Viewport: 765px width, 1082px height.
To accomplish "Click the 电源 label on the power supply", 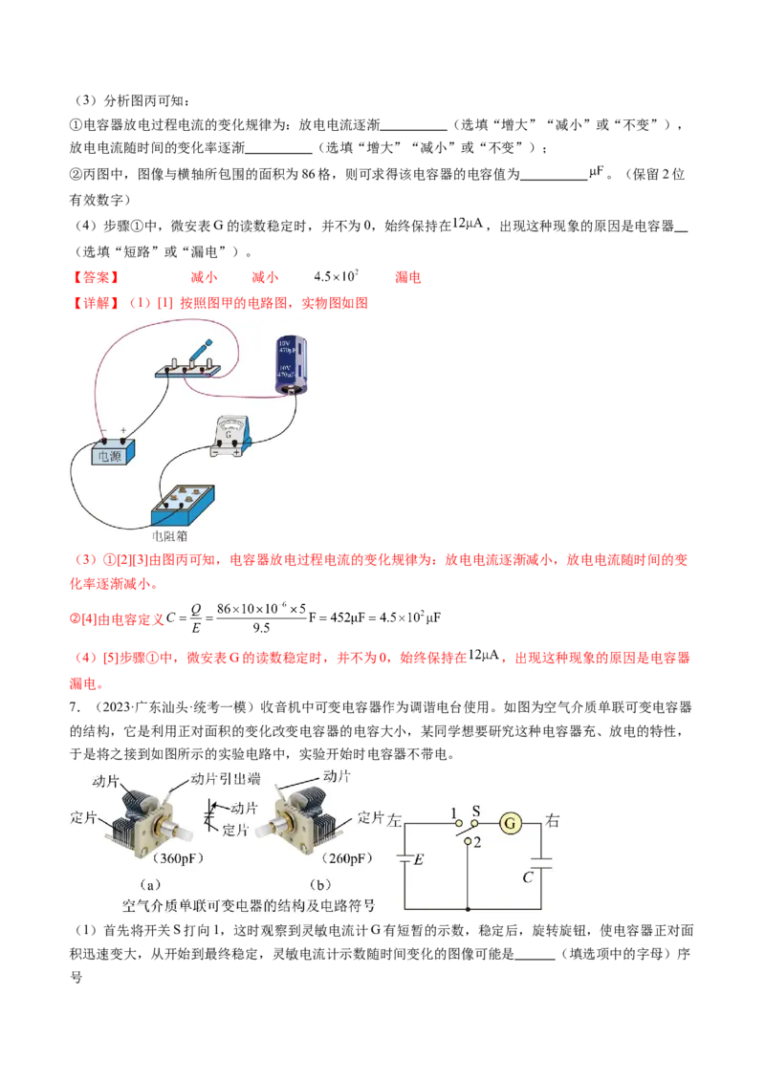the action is [109, 456].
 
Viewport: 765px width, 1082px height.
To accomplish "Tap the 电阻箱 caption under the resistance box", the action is [169, 536].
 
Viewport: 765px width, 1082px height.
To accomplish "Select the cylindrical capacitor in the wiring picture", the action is [291, 366].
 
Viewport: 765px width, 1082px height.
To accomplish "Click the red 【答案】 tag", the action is [96, 277].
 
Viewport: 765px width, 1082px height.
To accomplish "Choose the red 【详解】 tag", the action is [96, 303].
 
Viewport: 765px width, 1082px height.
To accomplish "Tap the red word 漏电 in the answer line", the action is [407, 277].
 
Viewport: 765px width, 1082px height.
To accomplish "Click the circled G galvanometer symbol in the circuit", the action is [511, 823].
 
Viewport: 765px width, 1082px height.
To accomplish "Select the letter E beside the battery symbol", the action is [419, 860].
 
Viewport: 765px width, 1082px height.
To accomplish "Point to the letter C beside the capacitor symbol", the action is [528, 877].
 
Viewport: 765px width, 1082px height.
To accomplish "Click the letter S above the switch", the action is [475, 811].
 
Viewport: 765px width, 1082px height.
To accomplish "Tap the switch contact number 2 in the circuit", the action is [477, 842].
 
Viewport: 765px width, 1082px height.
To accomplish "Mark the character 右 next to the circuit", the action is [553, 820].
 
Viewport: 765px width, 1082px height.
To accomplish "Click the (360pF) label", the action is [178, 858].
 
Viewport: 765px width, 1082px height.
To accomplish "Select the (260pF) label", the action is [347, 858].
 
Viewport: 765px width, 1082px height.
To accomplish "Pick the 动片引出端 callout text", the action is [226, 779].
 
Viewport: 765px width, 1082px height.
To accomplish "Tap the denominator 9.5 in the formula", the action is [261, 628].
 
